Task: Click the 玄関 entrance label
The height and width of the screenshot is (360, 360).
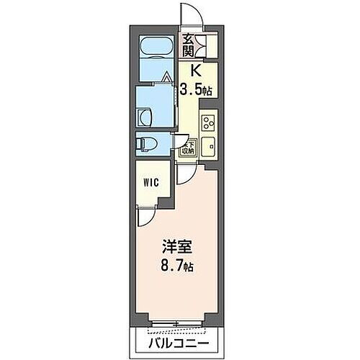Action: point(187,45)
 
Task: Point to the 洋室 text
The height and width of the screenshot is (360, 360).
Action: point(180,246)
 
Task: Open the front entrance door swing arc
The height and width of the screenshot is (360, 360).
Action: point(190,14)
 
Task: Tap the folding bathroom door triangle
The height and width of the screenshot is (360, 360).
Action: point(167,76)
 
